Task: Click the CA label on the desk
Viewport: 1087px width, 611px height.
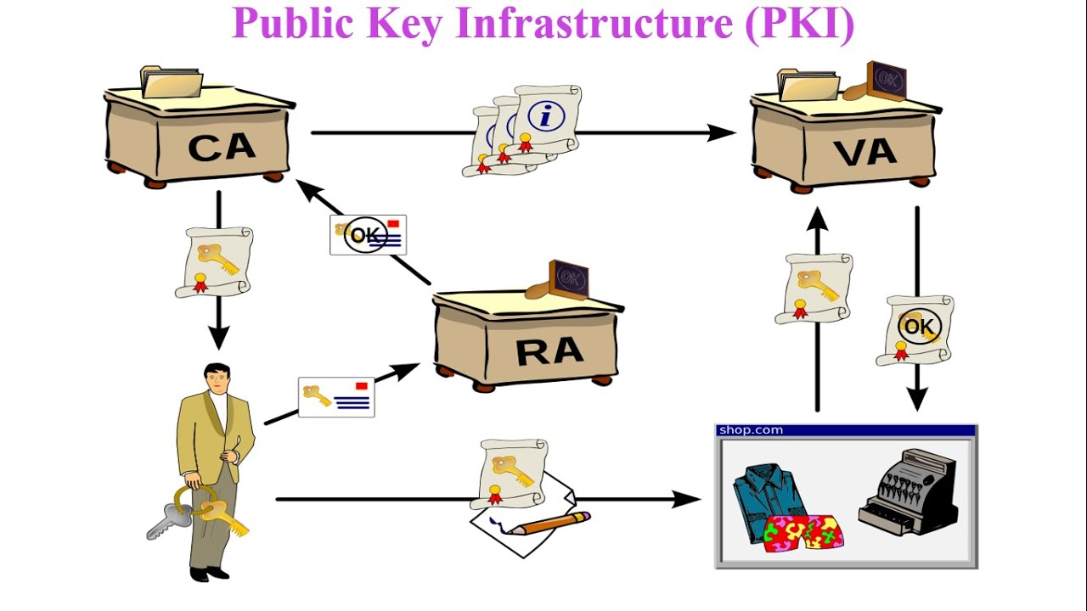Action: (x=221, y=147)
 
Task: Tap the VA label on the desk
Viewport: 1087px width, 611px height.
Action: (x=865, y=152)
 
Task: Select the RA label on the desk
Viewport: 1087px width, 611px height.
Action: (x=549, y=350)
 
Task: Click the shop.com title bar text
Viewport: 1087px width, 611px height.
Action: (x=750, y=430)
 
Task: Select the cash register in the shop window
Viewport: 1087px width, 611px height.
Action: (x=909, y=493)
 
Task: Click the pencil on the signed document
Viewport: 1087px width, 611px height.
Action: (x=552, y=523)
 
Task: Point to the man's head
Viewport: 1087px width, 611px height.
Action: (x=217, y=378)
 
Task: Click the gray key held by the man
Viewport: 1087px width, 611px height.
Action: (x=168, y=520)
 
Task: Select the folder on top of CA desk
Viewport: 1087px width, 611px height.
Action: (x=172, y=82)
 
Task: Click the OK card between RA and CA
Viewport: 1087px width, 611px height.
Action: (x=369, y=235)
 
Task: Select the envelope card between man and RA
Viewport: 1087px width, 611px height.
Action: (x=336, y=397)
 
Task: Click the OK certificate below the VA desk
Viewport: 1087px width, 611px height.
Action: (x=915, y=328)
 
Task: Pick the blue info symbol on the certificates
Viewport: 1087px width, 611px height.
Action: (x=545, y=116)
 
